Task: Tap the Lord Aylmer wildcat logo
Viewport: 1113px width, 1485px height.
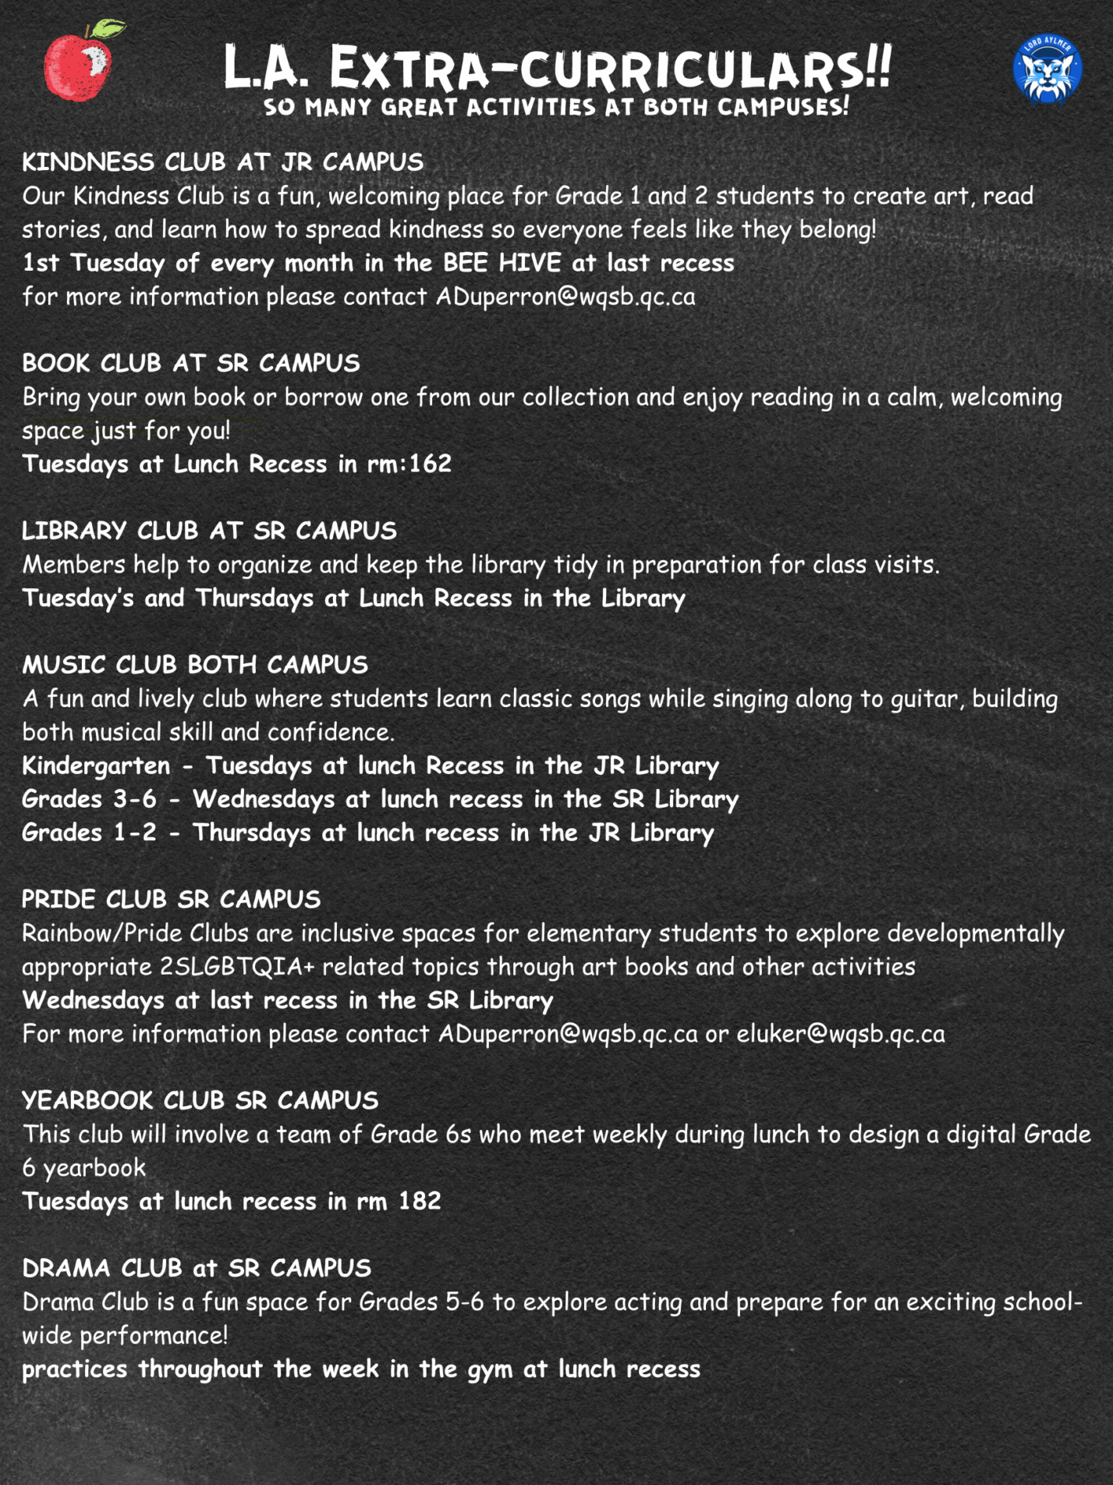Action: click(x=1047, y=69)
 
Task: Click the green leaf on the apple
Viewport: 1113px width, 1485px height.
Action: click(x=107, y=30)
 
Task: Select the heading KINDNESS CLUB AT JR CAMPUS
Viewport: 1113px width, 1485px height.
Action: click(x=222, y=162)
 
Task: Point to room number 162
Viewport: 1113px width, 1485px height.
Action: click(x=430, y=464)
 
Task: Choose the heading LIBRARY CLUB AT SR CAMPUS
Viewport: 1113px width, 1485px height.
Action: click(x=209, y=531)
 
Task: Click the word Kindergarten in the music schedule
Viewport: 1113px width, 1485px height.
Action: click(x=96, y=766)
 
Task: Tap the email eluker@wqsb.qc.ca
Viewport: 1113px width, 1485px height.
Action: click(x=840, y=1033)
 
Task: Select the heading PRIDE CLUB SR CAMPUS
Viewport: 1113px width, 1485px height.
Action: click(x=171, y=899)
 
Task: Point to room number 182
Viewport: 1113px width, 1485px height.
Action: click(x=420, y=1200)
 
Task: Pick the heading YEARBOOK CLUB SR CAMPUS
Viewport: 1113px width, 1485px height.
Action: click(x=200, y=1100)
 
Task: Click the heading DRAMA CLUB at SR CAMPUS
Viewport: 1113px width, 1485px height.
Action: click(x=197, y=1268)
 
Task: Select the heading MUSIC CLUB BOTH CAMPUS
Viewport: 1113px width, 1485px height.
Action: click(x=195, y=664)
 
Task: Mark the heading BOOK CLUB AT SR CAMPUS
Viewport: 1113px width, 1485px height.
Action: click(x=191, y=363)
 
